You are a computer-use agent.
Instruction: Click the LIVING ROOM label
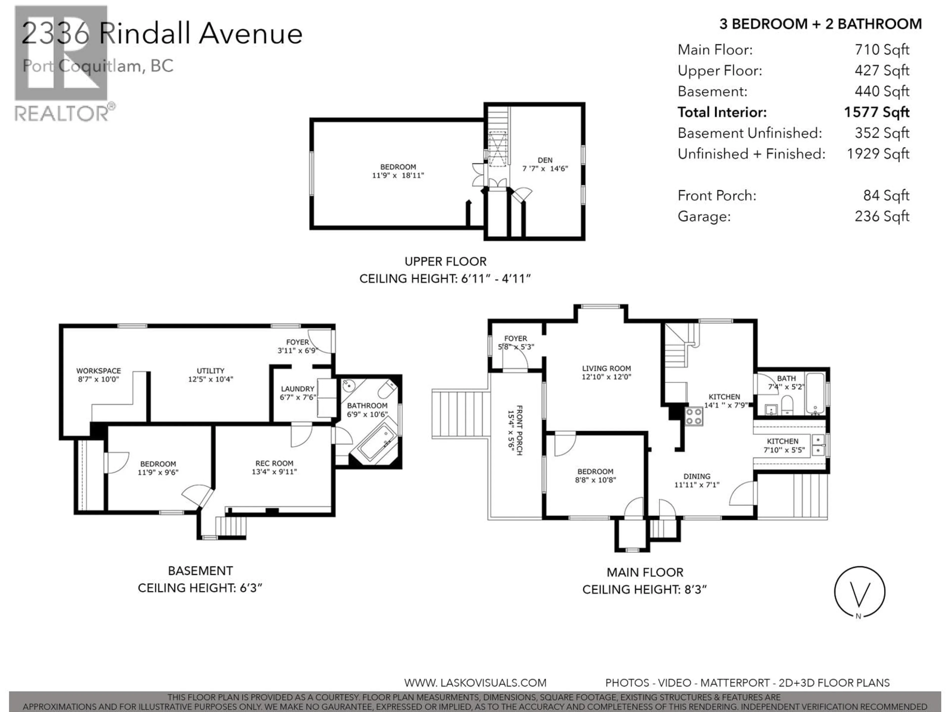606,368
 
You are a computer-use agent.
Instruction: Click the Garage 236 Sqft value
882,216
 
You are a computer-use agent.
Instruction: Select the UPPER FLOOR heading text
445,261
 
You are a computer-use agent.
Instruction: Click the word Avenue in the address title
251,33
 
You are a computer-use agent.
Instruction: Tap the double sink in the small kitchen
818,445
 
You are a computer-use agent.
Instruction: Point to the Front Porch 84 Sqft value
886,196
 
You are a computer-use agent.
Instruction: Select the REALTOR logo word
61,114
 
